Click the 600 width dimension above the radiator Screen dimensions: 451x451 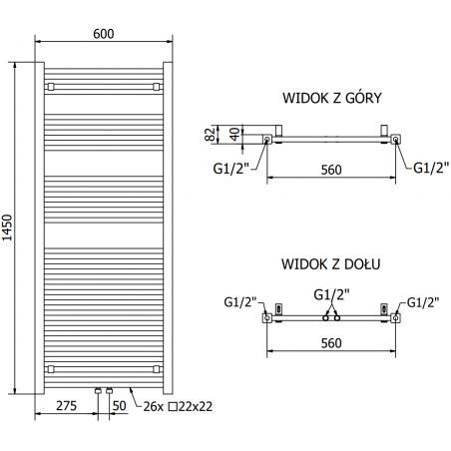tap(104, 33)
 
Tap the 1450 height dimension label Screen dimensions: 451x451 tap(10, 228)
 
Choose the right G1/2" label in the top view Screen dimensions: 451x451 tap(430, 168)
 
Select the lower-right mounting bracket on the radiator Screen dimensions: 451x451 tap(156, 367)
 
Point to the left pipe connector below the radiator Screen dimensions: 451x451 tap(98, 391)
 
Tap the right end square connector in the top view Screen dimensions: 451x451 tap(396, 139)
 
